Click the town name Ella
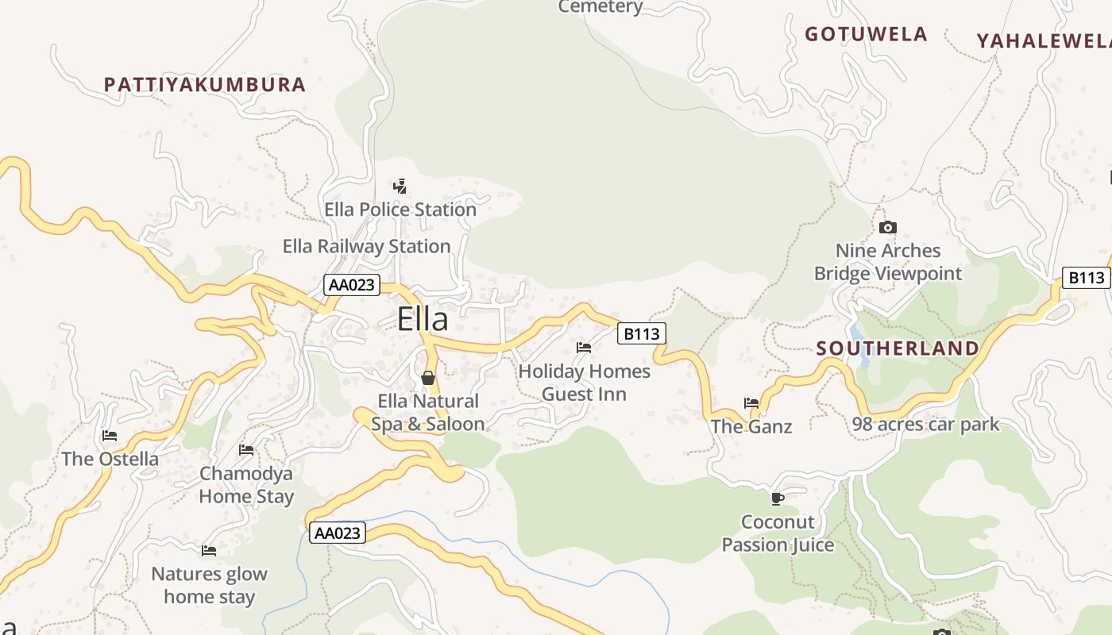[x=423, y=319]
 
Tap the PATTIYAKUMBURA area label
[x=205, y=85]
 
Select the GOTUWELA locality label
[x=866, y=34]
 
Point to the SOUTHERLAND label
[x=898, y=348]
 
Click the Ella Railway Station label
[x=367, y=247]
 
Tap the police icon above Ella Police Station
[x=400, y=187]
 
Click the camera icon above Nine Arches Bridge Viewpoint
[x=888, y=228]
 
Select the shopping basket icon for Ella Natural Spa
[x=428, y=378]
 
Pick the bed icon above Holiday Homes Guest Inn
[x=584, y=348]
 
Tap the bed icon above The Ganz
[x=751, y=403]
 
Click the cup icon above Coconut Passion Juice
[x=778, y=498]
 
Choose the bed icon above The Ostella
[x=110, y=436]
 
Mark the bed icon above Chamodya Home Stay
[x=246, y=450]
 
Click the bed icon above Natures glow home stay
[x=209, y=550]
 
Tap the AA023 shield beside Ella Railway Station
[x=352, y=285]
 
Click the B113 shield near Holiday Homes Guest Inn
[x=641, y=333]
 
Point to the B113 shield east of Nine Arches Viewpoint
[x=1086, y=277]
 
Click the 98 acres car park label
[x=925, y=425]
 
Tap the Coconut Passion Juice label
[x=778, y=533]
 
